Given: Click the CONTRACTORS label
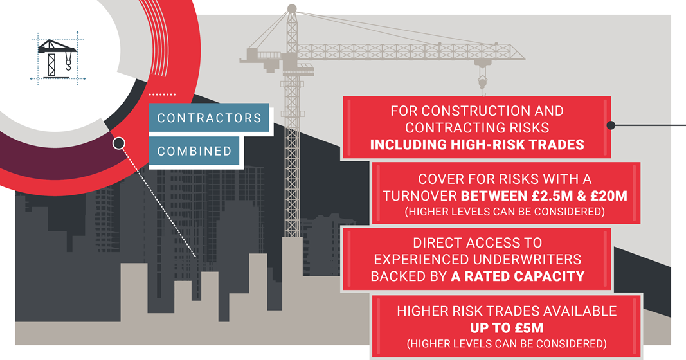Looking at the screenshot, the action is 209,118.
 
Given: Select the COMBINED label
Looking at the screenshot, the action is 194,151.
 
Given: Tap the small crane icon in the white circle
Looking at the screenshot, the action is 57,58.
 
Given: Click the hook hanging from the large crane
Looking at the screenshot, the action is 482,86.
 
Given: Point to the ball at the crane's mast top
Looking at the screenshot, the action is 292,8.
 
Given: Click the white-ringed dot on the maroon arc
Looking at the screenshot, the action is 118,143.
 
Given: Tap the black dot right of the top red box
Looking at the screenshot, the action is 611,125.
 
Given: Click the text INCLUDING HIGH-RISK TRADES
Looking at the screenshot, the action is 477,145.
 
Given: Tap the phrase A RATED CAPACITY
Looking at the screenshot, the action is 518,276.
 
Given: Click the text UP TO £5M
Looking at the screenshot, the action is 507,328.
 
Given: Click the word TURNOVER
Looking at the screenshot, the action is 420,195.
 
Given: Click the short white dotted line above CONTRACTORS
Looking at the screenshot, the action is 162,94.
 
